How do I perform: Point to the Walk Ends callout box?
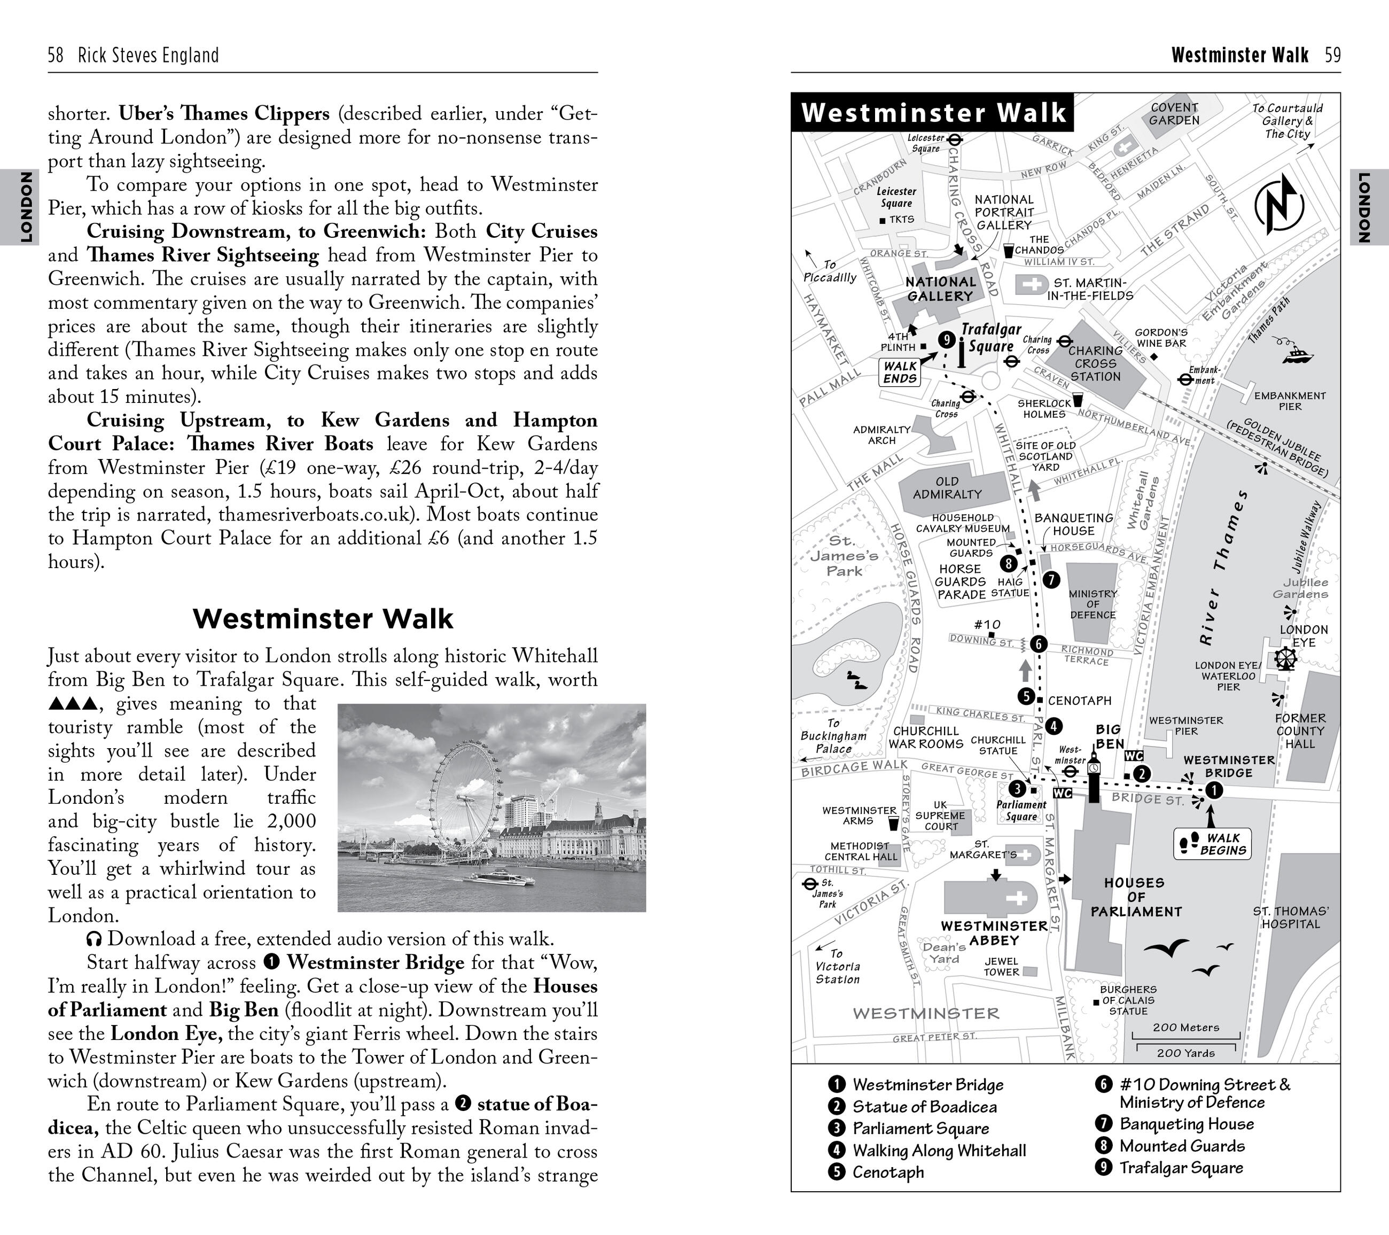point(900,372)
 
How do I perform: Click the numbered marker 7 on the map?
point(1051,580)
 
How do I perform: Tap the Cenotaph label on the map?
point(1079,700)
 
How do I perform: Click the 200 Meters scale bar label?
point(1186,1027)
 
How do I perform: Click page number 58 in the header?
point(55,55)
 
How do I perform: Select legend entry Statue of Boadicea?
point(924,1107)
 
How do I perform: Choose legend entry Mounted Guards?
point(1182,1146)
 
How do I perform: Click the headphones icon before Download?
point(95,939)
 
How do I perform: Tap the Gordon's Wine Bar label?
point(1161,338)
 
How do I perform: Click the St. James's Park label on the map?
point(844,556)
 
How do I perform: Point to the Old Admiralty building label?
point(947,487)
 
